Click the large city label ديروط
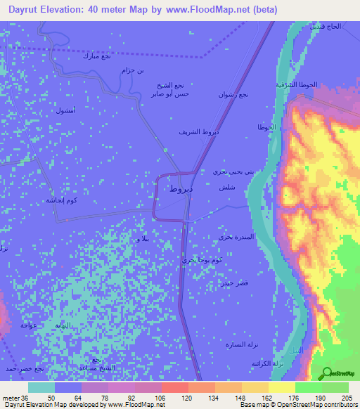pos(181,189)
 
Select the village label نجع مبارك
pos(96,56)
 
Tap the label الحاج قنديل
pos(326,26)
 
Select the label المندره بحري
pos(234,237)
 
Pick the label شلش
pos(226,188)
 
